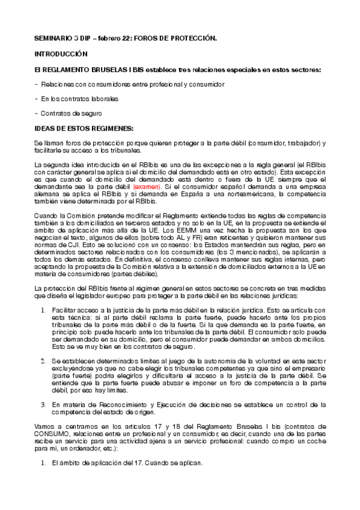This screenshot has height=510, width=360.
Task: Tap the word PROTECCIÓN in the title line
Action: pos(191,38)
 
